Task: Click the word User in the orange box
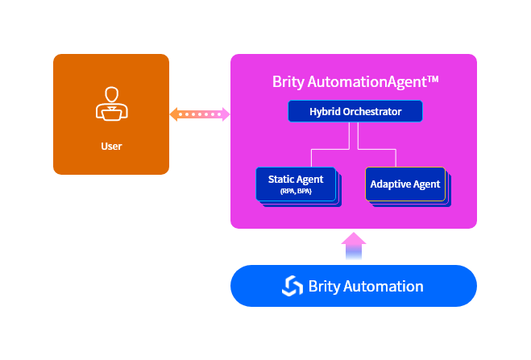tap(111, 147)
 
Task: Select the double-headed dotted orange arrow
tap(200, 114)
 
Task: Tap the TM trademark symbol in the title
tap(432, 79)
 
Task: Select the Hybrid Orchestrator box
tap(355, 112)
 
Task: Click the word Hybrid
tap(326, 112)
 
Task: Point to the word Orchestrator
tap(372, 112)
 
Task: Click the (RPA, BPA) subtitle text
tap(295, 192)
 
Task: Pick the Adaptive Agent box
tap(404, 184)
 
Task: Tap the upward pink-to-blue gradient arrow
tap(354, 246)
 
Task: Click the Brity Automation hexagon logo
tap(292, 286)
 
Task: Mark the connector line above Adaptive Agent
tap(396, 157)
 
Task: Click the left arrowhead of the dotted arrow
tap(174, 114)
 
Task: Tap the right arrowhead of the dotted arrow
tap(226, 114)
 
